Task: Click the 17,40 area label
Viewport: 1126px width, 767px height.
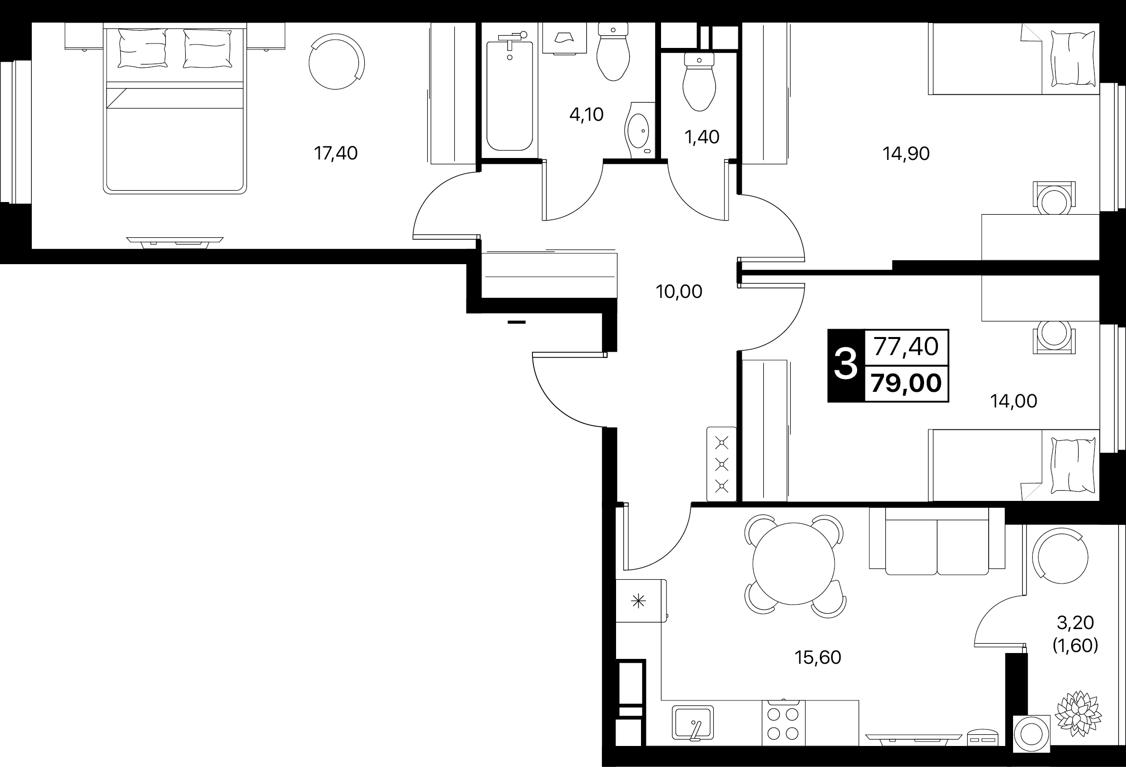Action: coord(335,154)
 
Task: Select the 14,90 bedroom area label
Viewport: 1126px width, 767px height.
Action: coord(906,154)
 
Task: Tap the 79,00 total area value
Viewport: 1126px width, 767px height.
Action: coord(906,383)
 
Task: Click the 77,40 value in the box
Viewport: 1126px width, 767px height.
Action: coord(906,347)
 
